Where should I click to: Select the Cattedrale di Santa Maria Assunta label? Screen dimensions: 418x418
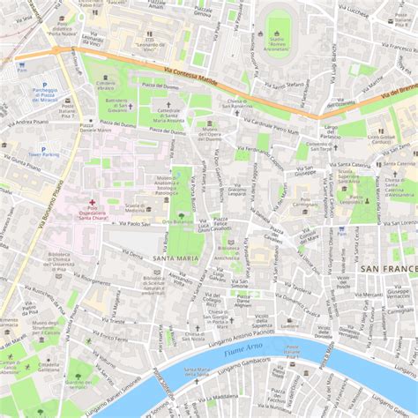click(168, 113)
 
